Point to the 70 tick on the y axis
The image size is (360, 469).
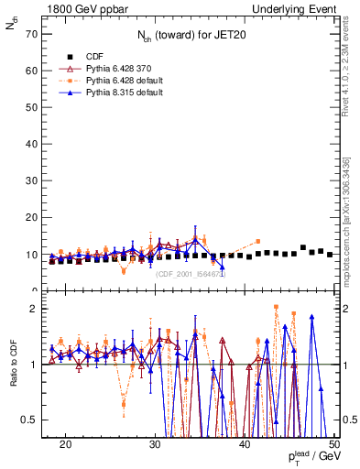tap(35, 33)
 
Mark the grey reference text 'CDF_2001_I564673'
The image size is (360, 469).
tap(192, 274)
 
